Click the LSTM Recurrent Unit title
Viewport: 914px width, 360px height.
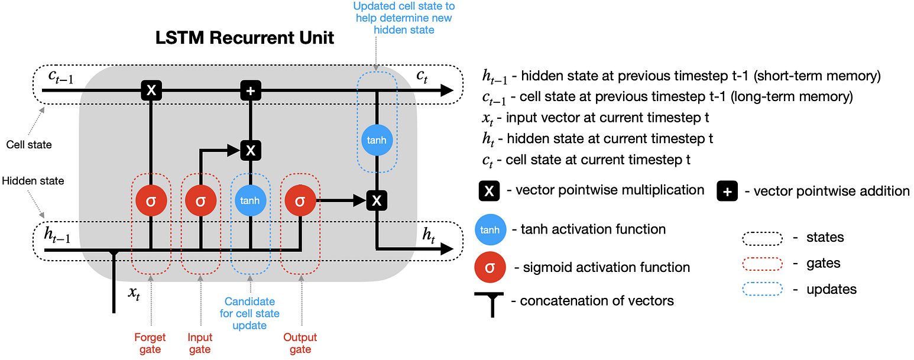(244, 38)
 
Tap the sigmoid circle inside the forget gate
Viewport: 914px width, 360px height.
(151, 200)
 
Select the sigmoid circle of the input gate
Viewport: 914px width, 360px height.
(201, 200)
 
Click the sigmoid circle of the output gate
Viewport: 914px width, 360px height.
(300, 200)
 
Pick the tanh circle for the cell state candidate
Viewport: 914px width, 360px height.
(251, 200)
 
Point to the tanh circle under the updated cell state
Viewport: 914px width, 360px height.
(377, 140)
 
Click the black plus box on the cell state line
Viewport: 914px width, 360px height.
(251, 90)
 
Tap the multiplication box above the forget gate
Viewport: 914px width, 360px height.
(151, 90)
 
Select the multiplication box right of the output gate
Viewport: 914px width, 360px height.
(377, 200)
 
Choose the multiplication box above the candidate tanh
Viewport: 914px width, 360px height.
(251, 150)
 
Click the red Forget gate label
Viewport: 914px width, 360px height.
(150, 343)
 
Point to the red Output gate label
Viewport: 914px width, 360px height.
(300, 343)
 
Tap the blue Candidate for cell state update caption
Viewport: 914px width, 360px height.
(249, 313)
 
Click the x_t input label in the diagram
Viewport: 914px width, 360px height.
(134, 293)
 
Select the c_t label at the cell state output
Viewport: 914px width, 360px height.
(422, 76)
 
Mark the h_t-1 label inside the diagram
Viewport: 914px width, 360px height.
(57, 235)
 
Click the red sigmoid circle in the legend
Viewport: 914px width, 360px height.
(490, 267)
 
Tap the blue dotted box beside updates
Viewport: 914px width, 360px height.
(762, 289)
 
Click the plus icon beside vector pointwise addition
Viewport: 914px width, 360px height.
(727, 191)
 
